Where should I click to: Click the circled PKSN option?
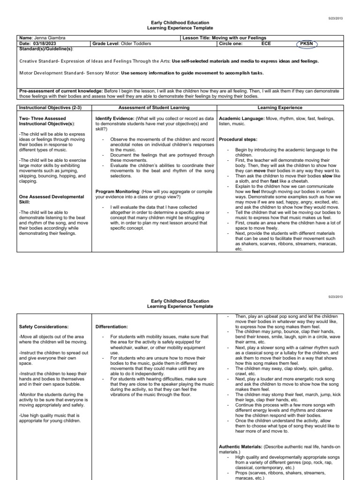[307, 44]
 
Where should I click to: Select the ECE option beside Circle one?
[266, 44]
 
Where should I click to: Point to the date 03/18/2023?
[46, 44]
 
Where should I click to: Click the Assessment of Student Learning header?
[154, 107]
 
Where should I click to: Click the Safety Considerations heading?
[44, 326]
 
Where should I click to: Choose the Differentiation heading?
[112, 326]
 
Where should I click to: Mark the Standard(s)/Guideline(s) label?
[46, 48]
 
